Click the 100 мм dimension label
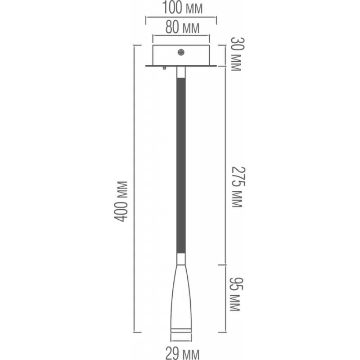point(182,8)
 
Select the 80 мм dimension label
point(182,27)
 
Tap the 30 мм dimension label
point(237,54)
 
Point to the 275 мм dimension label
point(238,187)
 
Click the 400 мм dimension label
point(121,202)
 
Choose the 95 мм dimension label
point(236,294)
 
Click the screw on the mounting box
point(181,52)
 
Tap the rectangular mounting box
point(181,55)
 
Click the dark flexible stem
point(181,166)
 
